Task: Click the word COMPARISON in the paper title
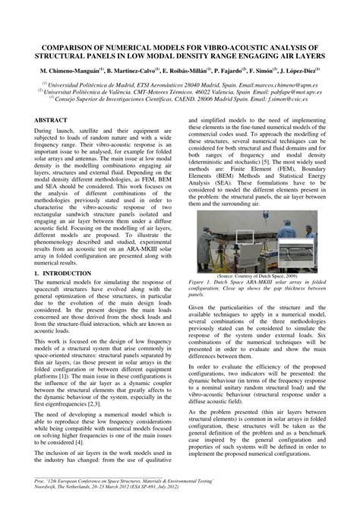[x=62, y=46]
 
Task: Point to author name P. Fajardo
[x=217, y=70]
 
